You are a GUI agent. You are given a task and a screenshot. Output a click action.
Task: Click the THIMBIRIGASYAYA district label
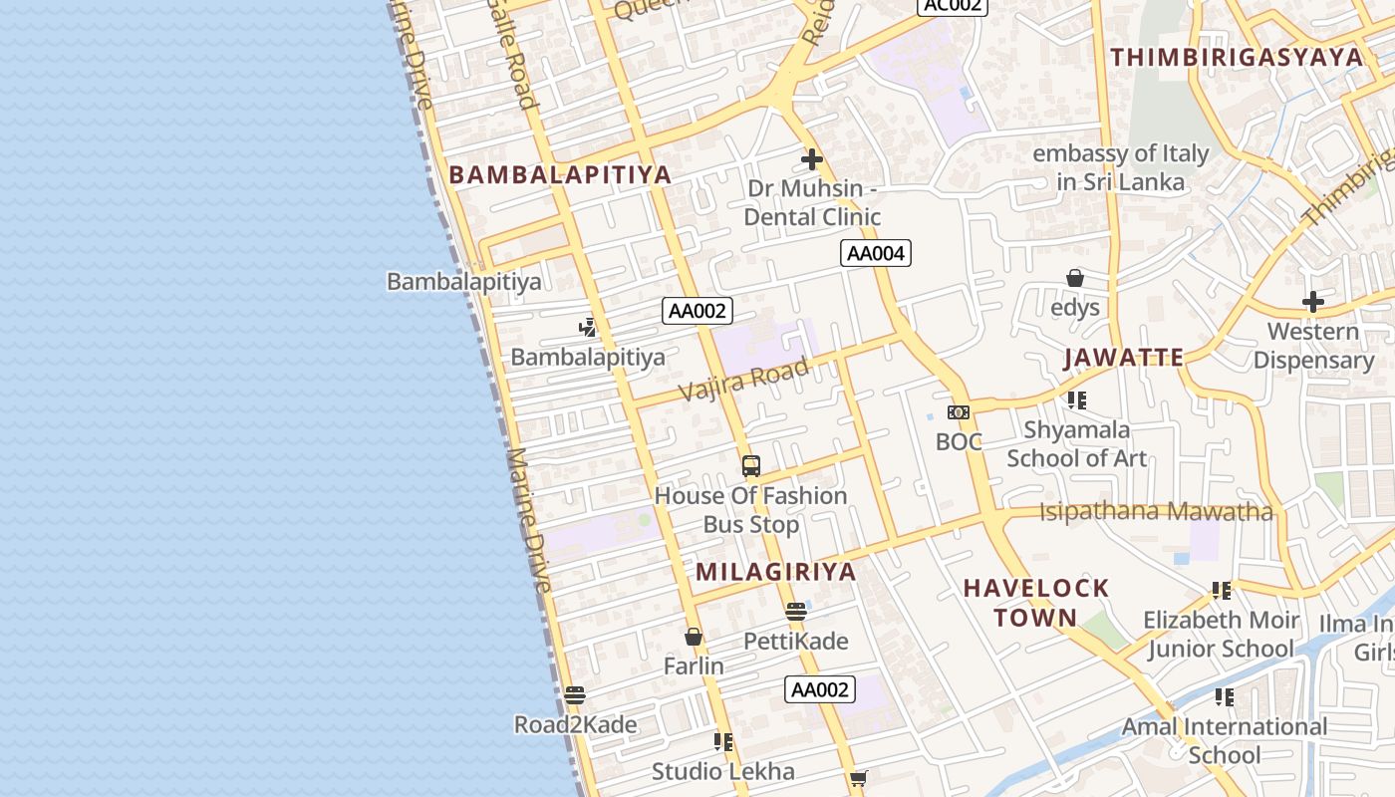[x=1237, y=57]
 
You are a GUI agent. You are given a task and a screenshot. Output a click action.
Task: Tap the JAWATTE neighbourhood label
[x=1123, y=358]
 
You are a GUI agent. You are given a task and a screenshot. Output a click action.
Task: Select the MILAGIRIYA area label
[x=776, y=571]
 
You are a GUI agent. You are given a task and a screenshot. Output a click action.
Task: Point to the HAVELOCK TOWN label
[x=1036, y=602]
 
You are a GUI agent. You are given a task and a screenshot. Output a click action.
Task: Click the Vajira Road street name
[x=744, y=380]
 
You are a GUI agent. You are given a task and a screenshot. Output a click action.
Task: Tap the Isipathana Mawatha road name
[x=1156, y=512]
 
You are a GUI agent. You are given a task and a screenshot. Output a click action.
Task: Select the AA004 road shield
[x=876, y=253]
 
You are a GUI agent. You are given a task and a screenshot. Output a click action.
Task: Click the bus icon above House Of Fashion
[x=751, y=465]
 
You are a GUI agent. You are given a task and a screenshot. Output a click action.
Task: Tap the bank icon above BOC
[x=959, y=411]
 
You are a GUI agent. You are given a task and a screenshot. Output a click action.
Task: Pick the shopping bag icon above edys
[x=1075, y=278]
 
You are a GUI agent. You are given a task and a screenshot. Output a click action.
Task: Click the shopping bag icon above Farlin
[x=694, y=636]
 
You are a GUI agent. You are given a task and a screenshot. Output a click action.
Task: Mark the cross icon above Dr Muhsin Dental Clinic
[x=812, y=158]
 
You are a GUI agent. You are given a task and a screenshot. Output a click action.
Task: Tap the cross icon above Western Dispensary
[x=1313, y=301]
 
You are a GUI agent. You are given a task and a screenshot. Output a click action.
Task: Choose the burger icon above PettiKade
[x=795, y=611]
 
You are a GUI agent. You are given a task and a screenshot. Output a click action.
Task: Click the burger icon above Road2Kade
[x=574, y=694]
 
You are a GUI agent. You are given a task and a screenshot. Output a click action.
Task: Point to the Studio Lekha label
[x=723, y=771]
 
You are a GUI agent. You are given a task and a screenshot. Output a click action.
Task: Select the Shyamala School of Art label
[x=1076, y=444]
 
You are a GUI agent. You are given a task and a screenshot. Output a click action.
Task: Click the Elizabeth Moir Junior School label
[x=1221, y=634]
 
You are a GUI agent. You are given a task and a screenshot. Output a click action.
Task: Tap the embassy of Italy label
[x=1121, y=167]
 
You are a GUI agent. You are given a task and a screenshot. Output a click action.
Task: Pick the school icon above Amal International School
[x=1224, y=696]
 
